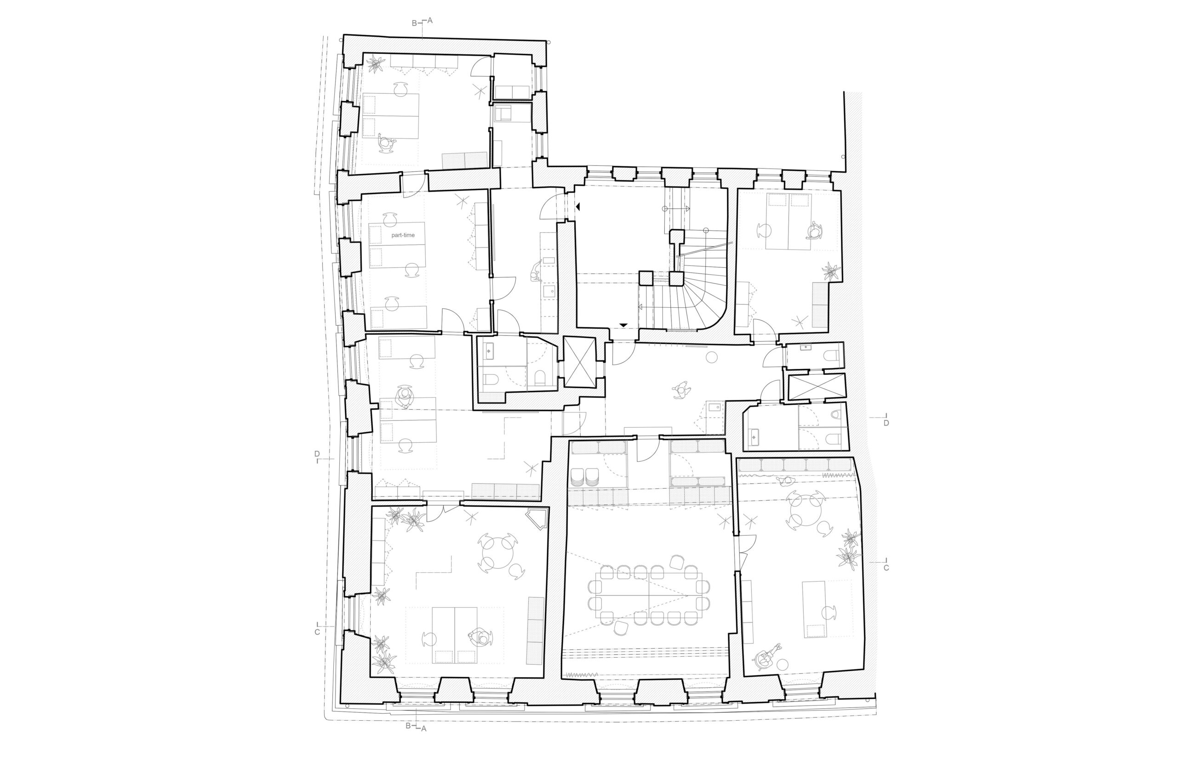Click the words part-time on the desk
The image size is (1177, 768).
(403, 235)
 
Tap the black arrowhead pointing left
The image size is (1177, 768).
(577, 208)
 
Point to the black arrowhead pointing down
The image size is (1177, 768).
(623, 325)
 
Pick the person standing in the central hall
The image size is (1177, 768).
(681, 390)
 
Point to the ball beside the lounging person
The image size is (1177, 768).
(784, 664)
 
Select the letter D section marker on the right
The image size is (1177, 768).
(886, 423)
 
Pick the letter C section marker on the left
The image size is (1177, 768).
(317, 632)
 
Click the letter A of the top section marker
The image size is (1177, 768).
(430, 20)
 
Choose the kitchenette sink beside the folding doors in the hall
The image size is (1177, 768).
(714, 408)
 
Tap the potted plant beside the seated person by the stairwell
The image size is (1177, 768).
(831, 271)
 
